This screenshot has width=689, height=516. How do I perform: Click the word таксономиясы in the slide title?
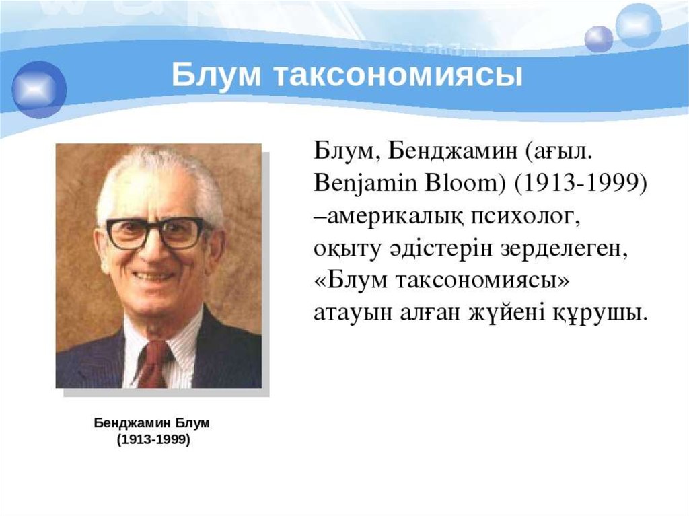point(398,75)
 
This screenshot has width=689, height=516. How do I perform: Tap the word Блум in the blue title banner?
point(216,75)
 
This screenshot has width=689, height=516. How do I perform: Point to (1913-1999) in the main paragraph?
point(581,183)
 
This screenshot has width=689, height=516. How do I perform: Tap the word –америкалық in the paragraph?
point(388,217)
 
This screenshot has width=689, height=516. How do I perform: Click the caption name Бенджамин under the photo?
point(133,422)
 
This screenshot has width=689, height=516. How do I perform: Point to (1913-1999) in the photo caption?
point(153,439)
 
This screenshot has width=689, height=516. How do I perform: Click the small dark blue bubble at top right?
point(598,39)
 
